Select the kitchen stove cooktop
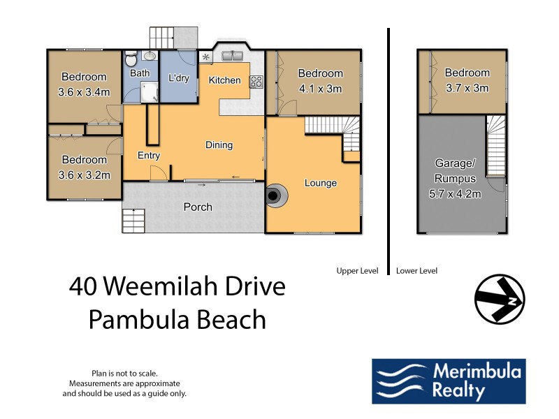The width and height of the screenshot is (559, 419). pyautogui.click(x=256, y=81)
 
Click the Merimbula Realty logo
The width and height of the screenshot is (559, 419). pyautogui.click(x=448, y=381)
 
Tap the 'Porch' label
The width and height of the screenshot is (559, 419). pyautogui.click(x=198, y=207)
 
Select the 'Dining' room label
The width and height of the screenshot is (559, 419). pyautogui.click(x=219, y=145)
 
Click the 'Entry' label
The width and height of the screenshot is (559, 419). pyautogui.click(x=149, y=155)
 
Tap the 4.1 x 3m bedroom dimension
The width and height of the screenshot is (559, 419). pyautogui.click(x=321, y=89)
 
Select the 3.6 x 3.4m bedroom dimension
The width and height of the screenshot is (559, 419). pyautogui.click(x=84, y=91)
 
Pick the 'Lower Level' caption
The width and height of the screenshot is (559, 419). pyautogui.click(x=417, y=270)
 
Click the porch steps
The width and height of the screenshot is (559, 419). pyautogui.click(x=133, y=221)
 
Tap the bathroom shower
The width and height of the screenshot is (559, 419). pyautogui.click(x=150, y=91)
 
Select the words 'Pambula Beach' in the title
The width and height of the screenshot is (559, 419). pyautogui.click(x=177, y=320)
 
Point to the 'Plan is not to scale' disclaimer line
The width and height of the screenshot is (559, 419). pyautogui.click(x=124, y=374)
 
